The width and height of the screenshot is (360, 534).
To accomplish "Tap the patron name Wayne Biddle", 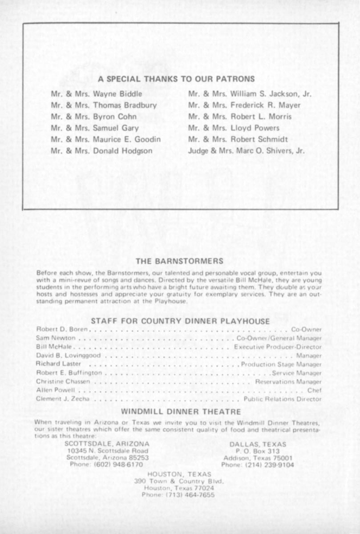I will (117, 94).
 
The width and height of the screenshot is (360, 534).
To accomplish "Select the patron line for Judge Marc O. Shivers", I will (247, 151).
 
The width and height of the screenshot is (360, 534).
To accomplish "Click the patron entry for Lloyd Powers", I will (234, 128).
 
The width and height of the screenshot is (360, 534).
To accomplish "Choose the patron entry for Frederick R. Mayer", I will (244, 105).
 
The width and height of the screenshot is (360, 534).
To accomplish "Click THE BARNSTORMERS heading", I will (179, 261).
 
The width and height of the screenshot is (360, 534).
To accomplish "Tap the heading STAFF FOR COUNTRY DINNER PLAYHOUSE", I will (180, 321).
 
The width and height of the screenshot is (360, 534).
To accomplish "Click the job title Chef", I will (314, 390).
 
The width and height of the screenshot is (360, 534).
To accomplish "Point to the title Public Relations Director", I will (282, 399).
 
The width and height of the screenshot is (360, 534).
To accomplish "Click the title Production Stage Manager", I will (281, 364).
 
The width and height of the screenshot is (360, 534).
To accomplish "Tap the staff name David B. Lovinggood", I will (68, 356).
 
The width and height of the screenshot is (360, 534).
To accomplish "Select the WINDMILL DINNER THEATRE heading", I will (181, 412).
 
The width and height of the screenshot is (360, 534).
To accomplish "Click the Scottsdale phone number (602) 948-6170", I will (106, 464).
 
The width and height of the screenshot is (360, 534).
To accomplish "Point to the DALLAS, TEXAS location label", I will (258, 444).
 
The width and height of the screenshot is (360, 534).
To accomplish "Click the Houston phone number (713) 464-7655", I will (178, 495).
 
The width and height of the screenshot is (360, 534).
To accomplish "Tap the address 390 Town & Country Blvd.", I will (179, 481).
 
